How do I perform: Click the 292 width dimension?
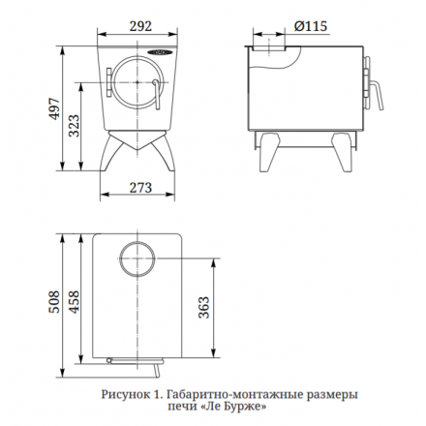pos(140,26)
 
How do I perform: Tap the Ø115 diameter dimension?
pos(311,26)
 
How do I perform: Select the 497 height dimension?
pos(54,108)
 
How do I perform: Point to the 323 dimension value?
pos(74,126)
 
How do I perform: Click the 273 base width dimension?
pos(140,188)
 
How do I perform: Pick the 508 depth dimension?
pos(54,302)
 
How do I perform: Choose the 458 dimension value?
pos(74,302)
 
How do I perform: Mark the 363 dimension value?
pos(204,307)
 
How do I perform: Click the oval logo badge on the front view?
pos(160,52)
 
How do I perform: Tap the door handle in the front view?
pos(157,94)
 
